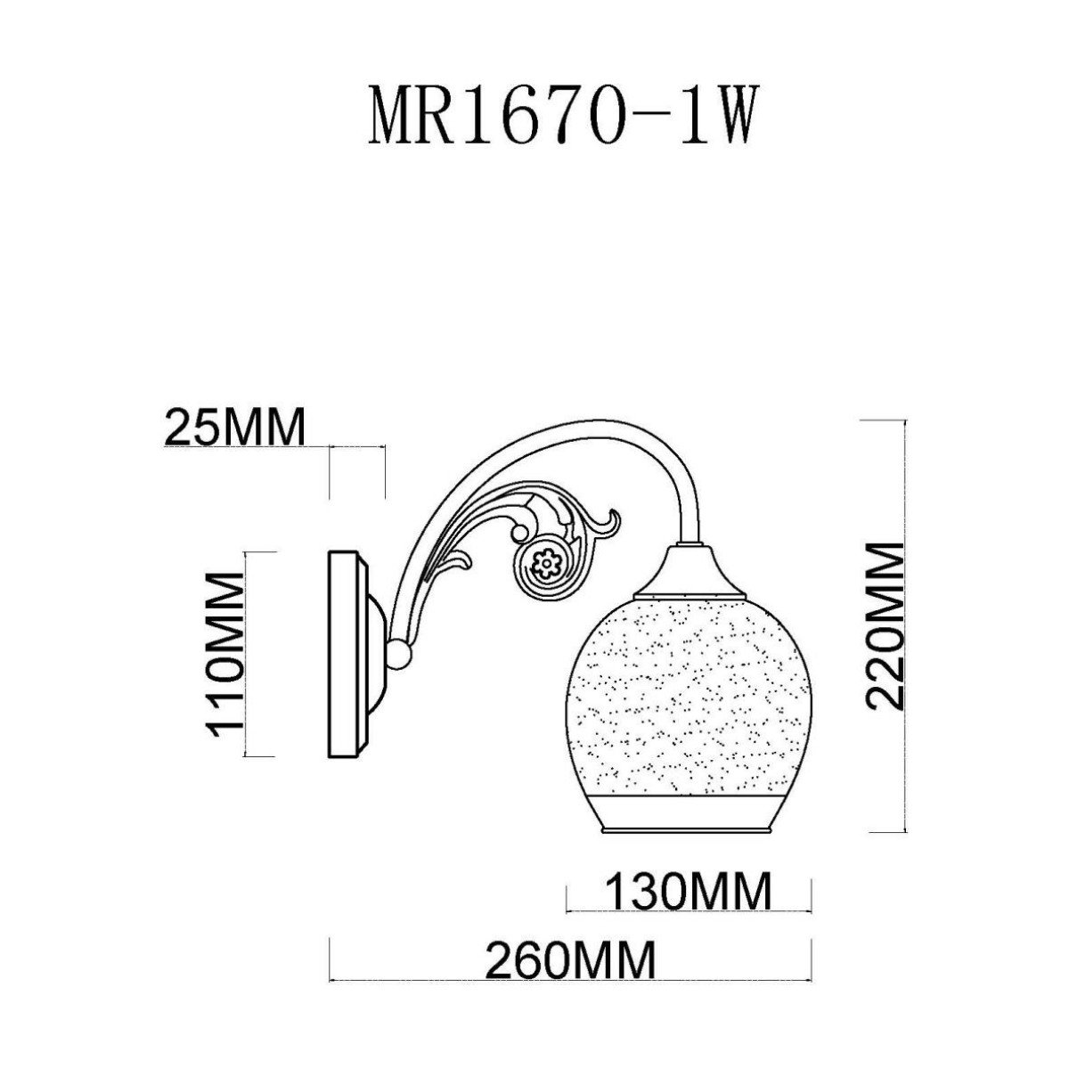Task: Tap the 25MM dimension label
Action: [236, 427]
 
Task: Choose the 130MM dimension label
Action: [688, 892]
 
